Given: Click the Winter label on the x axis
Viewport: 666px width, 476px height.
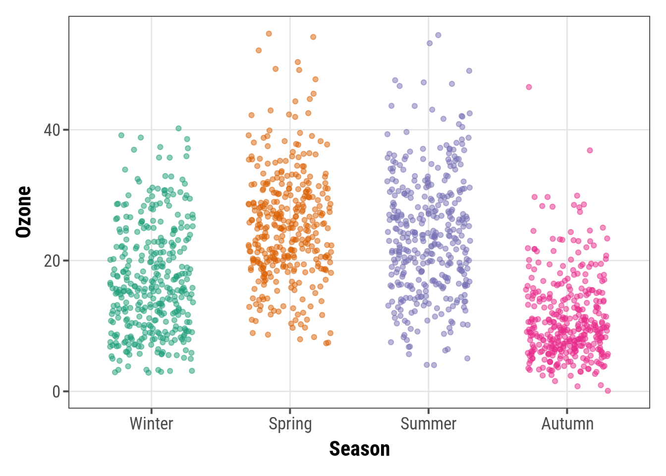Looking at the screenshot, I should click(x=151, y=424).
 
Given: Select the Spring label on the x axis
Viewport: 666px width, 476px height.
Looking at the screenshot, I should click(x=290, y=424).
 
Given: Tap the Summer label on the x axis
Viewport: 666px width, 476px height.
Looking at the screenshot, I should click(x=428, y=424).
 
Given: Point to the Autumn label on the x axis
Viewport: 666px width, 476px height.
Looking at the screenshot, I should click(x=567, y=424).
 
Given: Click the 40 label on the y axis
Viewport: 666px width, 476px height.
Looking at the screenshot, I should click(x=52, y=130).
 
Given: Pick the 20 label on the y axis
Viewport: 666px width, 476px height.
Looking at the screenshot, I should click(x=52, y=261).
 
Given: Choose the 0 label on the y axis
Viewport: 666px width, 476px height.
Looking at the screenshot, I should click(x=56, y=392).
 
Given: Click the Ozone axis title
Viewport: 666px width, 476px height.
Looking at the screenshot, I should click(x=23, y=212).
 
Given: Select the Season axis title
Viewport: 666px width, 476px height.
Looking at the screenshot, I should click(x=359, y=449).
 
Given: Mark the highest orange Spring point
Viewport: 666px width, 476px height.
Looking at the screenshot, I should click(x=269, y=34).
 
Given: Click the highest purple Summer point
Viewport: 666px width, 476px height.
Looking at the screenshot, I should click(x=438, y=35).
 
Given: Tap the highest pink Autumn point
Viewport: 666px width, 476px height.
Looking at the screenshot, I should click(x=529, y=87).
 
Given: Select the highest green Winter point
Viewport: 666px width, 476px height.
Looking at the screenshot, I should click(x=178, y=128).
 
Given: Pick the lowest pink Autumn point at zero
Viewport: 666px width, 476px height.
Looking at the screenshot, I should click(x=608, y=391).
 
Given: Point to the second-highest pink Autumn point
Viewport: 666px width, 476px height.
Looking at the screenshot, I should click(x=590, y=150).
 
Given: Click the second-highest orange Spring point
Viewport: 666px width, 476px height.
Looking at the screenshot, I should click(x=313, y=37).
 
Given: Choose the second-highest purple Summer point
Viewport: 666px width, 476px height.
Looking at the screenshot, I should click(x=430, y=44).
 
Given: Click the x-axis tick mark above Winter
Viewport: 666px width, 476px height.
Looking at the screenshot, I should click(x=151, y=411).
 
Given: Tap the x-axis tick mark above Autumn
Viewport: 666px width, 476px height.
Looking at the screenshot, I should click(x=567, y=411).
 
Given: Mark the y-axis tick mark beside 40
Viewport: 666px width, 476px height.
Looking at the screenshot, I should click(x=66, y=130).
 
